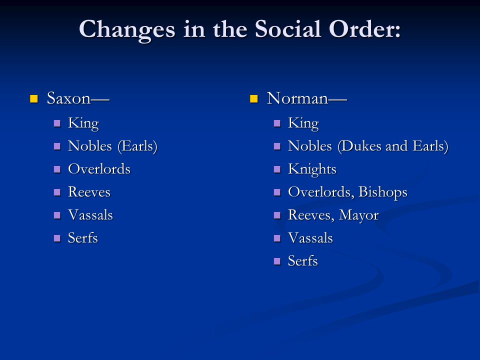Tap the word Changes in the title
pos(127,29)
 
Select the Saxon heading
pos(77,98)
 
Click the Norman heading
pos(306,98)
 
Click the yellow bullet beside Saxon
pos(34,98)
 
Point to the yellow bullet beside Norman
pos(254,98)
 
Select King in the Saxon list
pos(83,123)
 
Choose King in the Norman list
pos(303,123)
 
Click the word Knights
pos(312,169)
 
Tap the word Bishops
pos(383,192)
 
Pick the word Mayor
pos(358,215)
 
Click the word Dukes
pos(358,146)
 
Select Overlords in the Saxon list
pos(99,169)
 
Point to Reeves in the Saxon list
pos(89,192)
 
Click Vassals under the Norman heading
pos(310,238)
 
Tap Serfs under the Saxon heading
pos(83,238)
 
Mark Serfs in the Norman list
pos(303,261)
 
